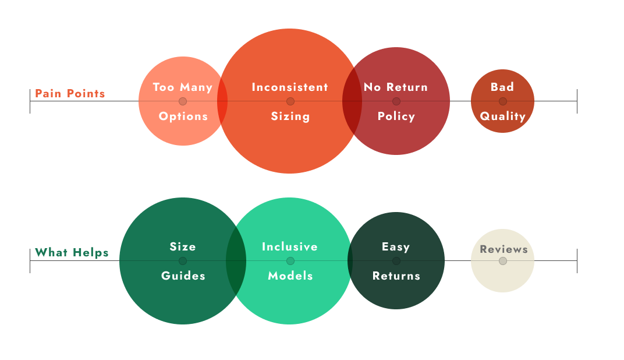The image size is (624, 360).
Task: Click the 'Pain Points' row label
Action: [70, 93]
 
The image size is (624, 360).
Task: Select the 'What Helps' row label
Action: [72, 253]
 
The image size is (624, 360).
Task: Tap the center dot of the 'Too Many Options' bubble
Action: [183, 101]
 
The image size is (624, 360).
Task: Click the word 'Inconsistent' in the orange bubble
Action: [290, 87]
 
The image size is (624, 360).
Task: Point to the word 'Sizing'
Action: [290, 117]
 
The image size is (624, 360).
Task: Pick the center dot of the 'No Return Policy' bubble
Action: [396, 101]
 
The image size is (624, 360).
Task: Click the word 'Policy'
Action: [396, 117]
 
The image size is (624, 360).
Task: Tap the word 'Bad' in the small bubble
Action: [502, 87]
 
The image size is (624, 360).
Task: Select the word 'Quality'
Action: [503, 117]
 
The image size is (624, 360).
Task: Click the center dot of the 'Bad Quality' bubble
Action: [503, 101]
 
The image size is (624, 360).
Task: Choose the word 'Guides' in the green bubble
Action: [183, 276]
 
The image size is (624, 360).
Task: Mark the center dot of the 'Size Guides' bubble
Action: [183, 261]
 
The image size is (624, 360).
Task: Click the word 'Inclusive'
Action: [290, 247]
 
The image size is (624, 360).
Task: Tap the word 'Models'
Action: [290, 276]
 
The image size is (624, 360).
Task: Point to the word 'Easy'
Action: [396, 247]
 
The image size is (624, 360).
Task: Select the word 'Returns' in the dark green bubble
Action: [396, 276]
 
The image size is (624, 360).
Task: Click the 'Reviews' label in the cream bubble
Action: [504, 249]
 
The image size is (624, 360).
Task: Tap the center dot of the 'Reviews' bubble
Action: [503, 261]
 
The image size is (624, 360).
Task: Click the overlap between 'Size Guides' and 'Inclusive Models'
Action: [236, 261]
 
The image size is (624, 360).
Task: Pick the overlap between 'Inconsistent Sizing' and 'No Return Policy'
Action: [352, 101]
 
